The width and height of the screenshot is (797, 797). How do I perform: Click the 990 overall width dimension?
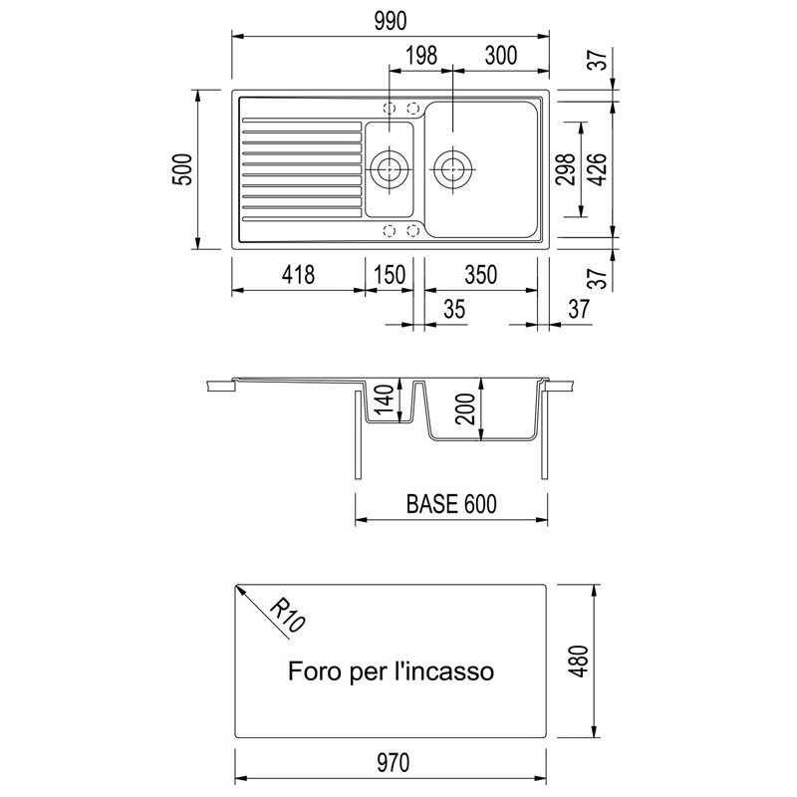pyautogui.click(x=391, y=21)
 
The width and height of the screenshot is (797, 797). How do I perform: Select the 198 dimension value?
pyautogui.click(x=421, y=56)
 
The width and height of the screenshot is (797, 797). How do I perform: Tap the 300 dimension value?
pyautogui.click(x=501, y=56)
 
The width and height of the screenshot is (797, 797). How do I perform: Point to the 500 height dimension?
pyautogui.click(x=183, y=169)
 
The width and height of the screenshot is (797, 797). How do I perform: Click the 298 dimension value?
pyautogui.click(x=566, y=169)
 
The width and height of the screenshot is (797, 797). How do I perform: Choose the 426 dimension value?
pyautogui.click(x=598, y=169)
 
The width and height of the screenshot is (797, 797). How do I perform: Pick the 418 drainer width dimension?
pyautogui.click(x=298, y=275)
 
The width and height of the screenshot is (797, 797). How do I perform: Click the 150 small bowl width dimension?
pyautogui.click(x=390, y=275)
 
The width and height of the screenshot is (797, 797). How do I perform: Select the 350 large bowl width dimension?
pyautogui.click(x=480, y=275)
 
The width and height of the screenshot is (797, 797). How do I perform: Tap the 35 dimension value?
pyautogui.click(x=454, y=309)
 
